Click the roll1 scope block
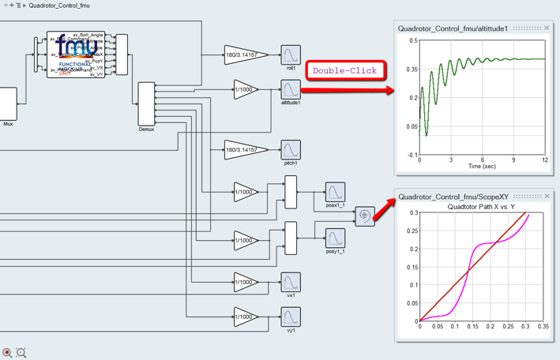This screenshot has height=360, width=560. [x=291, y=55]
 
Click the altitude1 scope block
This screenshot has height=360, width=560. [x=291, y=89]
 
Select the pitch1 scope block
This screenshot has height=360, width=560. [x=291, y=149]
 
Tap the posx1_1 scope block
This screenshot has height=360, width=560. [x=335, y=192]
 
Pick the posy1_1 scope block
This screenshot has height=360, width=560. [x=335, y=237]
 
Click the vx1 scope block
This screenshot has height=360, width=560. [x=291, y=282]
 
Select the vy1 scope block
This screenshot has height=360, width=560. [x=291, y=317]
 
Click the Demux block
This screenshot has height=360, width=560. [x=146, y=103]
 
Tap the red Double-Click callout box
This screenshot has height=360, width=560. [x=345, y=70]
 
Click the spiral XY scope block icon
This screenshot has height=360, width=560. [x=364, y=216]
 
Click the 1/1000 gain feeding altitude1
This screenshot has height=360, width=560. [x=246, y=89]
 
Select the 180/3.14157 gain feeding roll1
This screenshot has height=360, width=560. [x=246, y=55]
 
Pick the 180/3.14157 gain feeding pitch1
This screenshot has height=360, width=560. [x=246, y=149]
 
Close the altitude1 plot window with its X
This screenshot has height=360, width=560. [x=547, y=28]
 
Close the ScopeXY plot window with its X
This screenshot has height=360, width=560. [x=547, y=197]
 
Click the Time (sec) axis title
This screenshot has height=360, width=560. [x=482, y=167]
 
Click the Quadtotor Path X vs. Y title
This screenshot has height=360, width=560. [x=481, y=207]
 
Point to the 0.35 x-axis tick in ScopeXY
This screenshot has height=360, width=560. [x=543, y=326]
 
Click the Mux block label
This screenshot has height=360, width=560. [x=8, y=124]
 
